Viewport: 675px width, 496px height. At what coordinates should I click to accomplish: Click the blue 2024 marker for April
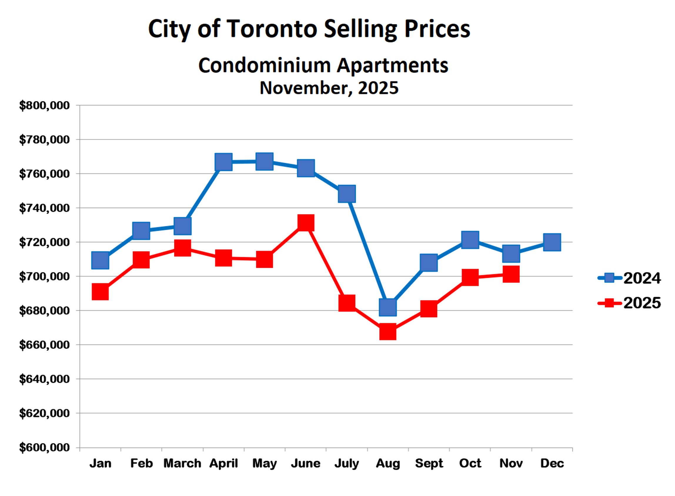pos(223,161)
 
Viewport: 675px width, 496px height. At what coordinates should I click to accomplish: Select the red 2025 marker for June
pos(305,223)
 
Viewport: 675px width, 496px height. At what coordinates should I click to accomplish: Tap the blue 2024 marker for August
pos(388,307)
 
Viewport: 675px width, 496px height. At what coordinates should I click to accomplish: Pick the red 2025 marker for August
pos(388,331)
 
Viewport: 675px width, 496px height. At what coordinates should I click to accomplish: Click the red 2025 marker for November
pos(511,274)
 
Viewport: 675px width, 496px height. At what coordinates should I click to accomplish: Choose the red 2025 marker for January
pos(100,292)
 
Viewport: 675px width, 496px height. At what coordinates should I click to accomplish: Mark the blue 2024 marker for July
pos(347,194)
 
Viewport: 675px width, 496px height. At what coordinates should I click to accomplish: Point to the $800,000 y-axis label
pos(44,106)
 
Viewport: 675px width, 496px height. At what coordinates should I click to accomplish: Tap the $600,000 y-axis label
pos(44,448)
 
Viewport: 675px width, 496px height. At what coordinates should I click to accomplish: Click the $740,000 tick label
pos(44,208)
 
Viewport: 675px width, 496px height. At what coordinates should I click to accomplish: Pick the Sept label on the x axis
pos(429,463)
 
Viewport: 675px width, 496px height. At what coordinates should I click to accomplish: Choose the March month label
pos(182,463)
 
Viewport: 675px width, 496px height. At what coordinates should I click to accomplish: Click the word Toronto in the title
pos(272,29)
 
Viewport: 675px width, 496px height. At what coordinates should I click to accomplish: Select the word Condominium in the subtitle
pos(264,65)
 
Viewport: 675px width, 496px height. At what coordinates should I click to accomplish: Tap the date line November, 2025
pos(329,88)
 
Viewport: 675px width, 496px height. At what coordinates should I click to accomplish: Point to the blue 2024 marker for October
pos(470,240)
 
